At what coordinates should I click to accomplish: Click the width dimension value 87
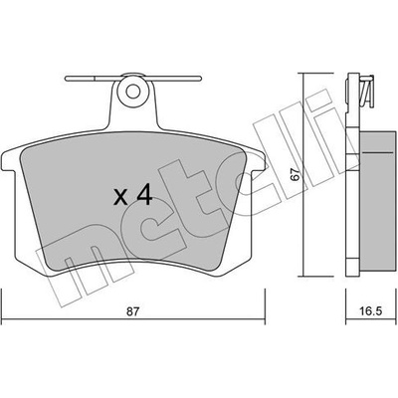(133, 311)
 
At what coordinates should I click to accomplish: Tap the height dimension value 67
(297, 174)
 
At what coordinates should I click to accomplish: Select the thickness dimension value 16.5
(371, 311)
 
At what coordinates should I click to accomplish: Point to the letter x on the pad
(120, 197)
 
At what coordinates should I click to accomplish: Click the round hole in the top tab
(133, 91)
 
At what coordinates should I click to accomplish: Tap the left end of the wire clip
(67, 79)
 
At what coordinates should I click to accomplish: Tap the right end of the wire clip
(200, 79)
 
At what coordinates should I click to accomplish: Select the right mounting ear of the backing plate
(258, 161)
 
